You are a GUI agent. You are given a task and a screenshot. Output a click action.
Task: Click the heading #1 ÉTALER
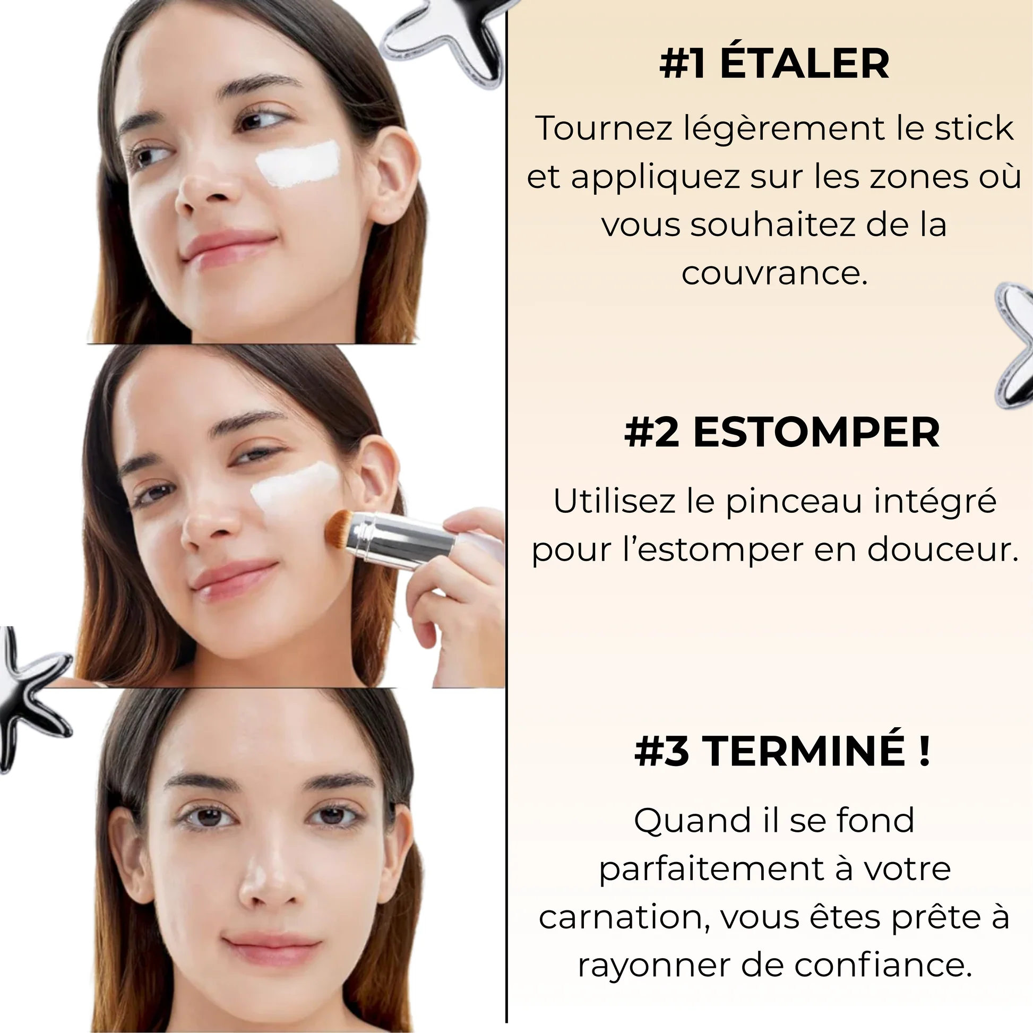[773, 64]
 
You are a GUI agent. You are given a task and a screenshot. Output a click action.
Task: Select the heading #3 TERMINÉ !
[782, 751]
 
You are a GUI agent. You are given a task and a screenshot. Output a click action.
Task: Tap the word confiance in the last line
[882, 965]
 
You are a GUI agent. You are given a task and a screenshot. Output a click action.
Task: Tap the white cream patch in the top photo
[298, 164]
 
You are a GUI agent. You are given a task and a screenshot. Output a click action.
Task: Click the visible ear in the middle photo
[377, 476]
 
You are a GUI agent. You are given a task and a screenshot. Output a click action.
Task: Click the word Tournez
[604, 128]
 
